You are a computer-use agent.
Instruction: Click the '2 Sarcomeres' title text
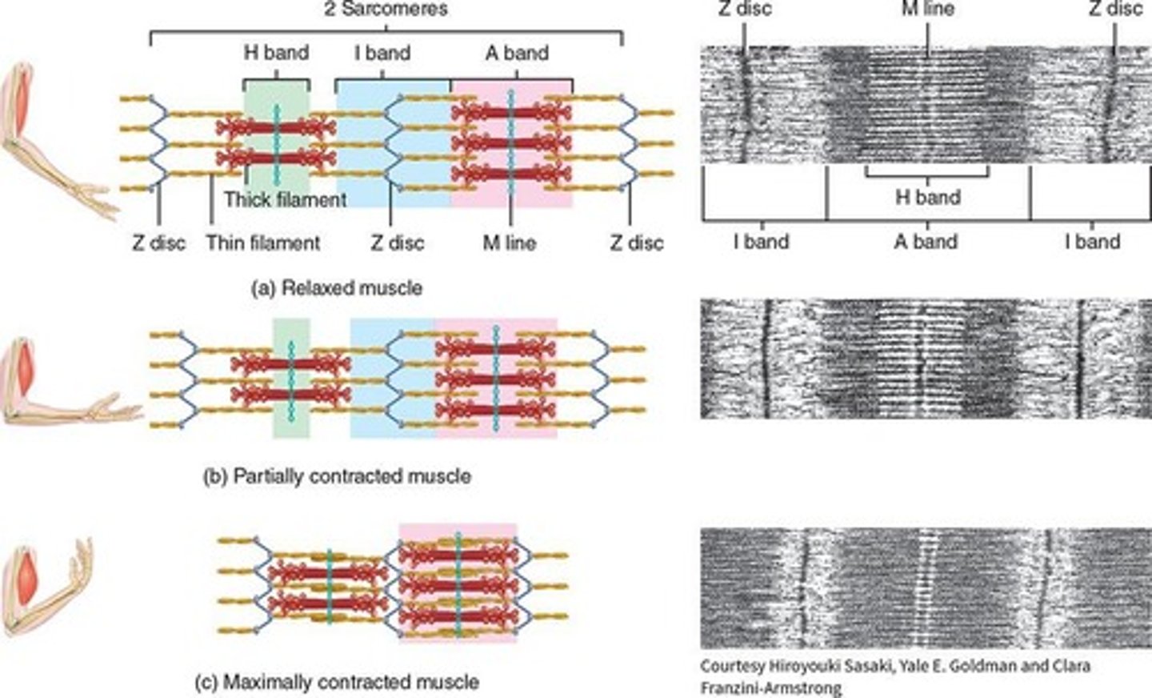386,10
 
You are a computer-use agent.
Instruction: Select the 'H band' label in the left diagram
276,54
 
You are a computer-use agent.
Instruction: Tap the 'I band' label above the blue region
382,54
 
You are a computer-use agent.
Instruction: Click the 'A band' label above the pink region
516,54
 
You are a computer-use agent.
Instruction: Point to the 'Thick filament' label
285,199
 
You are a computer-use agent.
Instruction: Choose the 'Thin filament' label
263,243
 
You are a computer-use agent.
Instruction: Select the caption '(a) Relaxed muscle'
336,287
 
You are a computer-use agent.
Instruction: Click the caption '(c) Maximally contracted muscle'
337,682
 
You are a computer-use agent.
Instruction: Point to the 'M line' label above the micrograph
926,10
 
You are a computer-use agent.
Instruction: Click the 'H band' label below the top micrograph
928,196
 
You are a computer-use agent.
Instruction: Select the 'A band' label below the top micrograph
926,241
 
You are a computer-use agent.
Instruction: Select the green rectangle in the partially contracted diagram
291,378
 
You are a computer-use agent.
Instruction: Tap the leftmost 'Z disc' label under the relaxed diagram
158,243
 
